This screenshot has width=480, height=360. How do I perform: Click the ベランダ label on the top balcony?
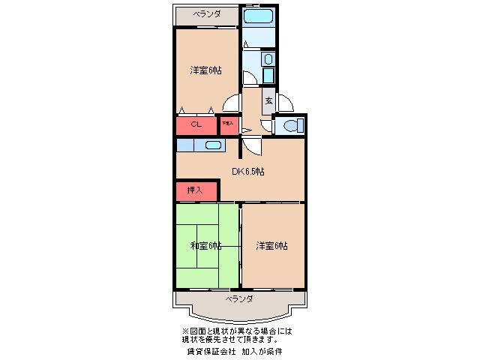tap(206, 14)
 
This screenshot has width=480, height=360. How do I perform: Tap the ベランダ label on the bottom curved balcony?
tap(239, 298)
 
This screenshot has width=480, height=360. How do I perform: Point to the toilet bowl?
tap(290, 124)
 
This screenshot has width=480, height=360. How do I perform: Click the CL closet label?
tap(194, 124)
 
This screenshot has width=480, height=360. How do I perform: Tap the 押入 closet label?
tap(194, 190)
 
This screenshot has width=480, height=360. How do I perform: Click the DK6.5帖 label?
tap(247, 172)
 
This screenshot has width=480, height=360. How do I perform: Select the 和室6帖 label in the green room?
tap(205, 245)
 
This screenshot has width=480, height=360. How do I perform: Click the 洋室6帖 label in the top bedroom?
tap(205, 70)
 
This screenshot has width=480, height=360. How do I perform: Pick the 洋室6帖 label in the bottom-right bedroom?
tap(271, 245)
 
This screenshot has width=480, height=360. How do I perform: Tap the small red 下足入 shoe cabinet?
tap(228, 124)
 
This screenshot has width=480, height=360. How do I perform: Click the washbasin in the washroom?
tap(268, 59)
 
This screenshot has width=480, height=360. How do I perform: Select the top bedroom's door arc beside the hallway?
tap(233, 106)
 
